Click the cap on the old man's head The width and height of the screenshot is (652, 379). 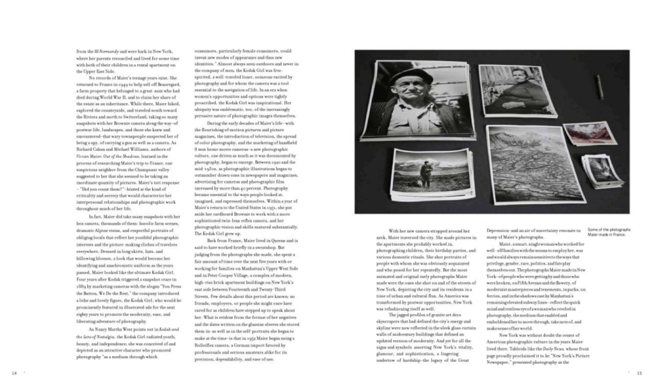[410, 78]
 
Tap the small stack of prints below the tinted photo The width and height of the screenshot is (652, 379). [602, 169]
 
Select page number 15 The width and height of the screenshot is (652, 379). [639, 373]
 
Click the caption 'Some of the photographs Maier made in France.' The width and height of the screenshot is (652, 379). [609, 232]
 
